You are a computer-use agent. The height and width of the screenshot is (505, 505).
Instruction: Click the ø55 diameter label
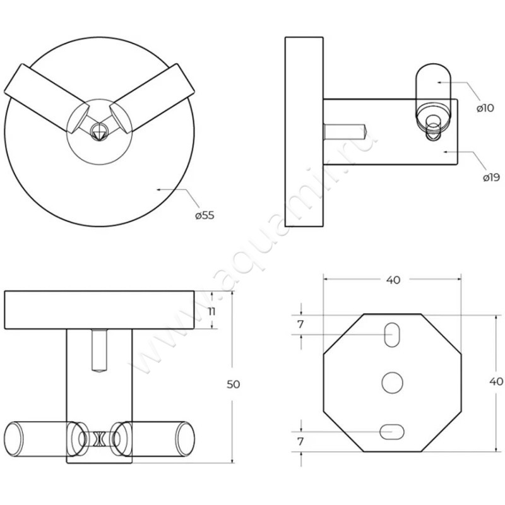[205, 215]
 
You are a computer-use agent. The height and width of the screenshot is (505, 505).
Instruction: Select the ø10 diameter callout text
[485, 108]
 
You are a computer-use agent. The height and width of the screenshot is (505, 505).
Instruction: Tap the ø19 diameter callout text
[492, 177]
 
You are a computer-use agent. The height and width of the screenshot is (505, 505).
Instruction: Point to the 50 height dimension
[234, 384]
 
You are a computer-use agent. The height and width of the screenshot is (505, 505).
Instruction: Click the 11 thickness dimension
[211, 312]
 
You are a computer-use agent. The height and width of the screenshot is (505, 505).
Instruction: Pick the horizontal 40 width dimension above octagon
[393, 280]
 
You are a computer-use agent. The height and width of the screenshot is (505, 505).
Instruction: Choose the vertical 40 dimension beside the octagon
[496, 382]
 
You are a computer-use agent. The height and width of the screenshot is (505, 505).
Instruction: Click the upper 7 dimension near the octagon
[300, 324]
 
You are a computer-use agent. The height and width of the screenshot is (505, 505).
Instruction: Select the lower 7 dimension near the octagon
[300, 441]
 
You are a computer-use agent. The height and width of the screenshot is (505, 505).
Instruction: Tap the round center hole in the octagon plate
[392, 383]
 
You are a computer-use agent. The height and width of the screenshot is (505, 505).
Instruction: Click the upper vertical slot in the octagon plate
[392, 335]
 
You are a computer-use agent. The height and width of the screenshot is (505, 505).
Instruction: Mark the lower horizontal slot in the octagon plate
[392, 432]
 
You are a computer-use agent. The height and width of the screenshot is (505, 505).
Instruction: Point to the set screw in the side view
[345, 132]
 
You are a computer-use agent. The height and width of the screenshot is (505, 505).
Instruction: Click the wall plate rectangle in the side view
[304, 132]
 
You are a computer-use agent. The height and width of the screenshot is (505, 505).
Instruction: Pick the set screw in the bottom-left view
[99, 350]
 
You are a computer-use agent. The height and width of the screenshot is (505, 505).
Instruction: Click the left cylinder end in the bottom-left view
[14, 439]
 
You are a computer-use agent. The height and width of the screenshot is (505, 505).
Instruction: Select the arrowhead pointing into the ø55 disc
[159, 190]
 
